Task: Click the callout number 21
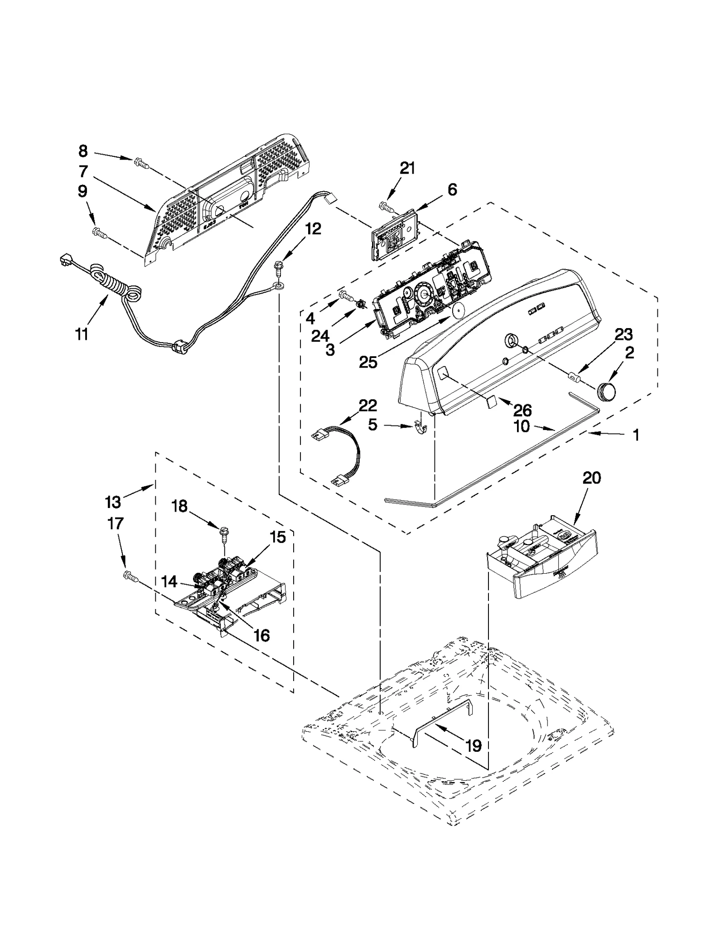tap(407, 169)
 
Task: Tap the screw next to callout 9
tap(99, 233)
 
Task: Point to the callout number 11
tap(82, 334)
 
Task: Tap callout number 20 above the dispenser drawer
tap(591, 478)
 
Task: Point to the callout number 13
tap(113, 502)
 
